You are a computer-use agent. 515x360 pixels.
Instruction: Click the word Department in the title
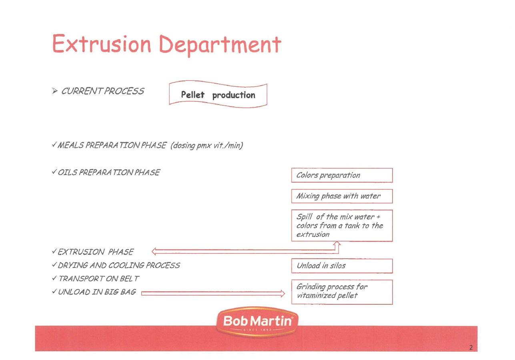coord(220,46)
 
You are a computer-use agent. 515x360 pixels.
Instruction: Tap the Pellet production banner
coord(218,94)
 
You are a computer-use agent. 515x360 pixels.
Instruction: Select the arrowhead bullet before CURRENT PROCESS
coord(55,91)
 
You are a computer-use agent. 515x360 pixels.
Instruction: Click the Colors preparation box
coord(342,175)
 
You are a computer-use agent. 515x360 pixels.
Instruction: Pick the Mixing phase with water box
coord(342,196)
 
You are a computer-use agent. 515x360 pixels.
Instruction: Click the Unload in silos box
coord(342,266)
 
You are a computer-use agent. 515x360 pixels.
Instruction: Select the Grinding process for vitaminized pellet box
coord(342,292)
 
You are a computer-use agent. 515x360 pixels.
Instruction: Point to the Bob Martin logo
coord(257,322)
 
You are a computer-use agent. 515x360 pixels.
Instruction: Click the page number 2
coord(471,347)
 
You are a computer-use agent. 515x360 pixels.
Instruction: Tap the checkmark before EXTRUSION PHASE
coord(54,251)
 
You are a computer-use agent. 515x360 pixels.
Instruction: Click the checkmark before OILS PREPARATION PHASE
coord(54,172)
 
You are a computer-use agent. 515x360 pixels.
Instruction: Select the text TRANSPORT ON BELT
coord(99,279)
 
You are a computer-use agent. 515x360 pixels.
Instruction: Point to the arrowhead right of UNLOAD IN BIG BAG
coord(283,293)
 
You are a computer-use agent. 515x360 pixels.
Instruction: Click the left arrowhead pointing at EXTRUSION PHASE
coord(154,251)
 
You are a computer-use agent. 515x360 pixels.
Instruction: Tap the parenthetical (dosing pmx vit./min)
coord(207,146)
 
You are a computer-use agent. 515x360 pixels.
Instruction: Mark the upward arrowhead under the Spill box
coord(337,243)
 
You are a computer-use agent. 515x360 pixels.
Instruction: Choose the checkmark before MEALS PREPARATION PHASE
coord(54,145)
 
